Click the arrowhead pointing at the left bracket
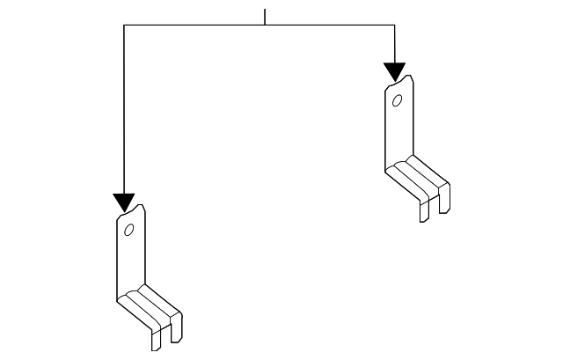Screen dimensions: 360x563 coord(124,203)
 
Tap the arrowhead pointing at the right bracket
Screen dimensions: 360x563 coord(394,72)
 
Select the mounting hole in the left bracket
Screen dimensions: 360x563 coord(128,231)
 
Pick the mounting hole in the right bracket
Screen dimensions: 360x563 coord(398,100)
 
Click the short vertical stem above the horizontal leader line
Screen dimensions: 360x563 coord(265,17)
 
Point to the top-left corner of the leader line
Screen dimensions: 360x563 coord(124,26)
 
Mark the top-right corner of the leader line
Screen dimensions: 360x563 coord(394,26)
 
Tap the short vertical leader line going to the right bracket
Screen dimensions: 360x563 coord(394,44)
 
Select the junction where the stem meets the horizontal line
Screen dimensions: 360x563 coord(265,26)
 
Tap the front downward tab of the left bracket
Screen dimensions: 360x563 coord(156,339)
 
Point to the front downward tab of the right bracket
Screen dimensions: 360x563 coord(425,209)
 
